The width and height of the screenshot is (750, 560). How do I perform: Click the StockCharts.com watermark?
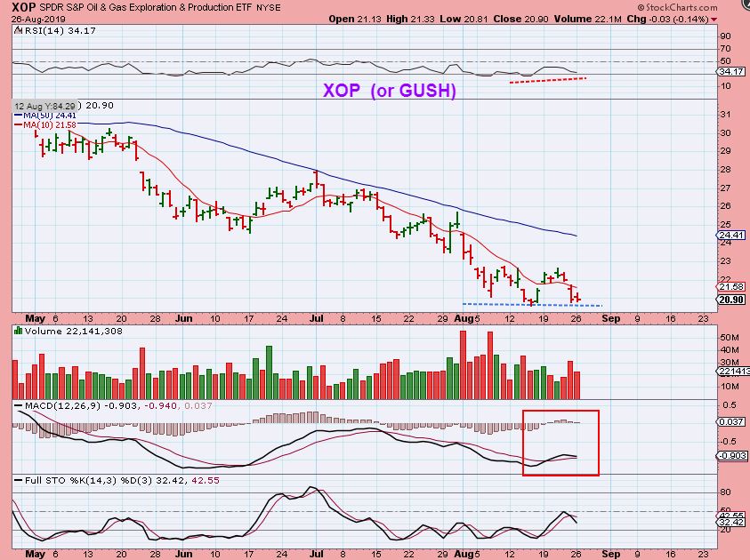703,7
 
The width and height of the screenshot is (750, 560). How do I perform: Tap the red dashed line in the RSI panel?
547,81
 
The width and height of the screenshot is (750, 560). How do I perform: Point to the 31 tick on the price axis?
725,114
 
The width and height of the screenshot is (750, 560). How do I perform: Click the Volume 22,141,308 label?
58,330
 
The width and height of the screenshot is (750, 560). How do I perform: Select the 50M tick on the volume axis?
728,338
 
